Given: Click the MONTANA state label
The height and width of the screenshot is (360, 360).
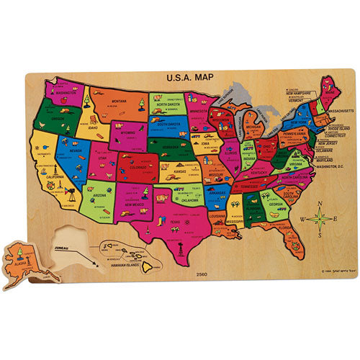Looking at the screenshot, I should (x=107, y=102).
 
